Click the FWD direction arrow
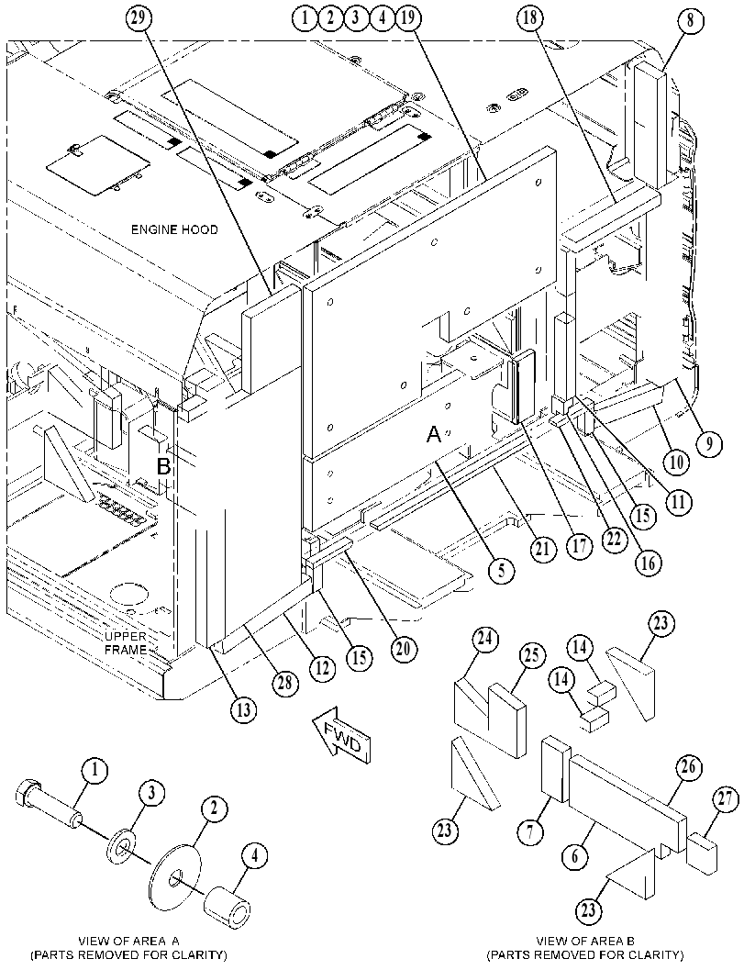click(341, 733)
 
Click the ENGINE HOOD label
click(174, 229)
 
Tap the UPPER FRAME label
click(126, 642)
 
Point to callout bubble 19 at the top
click(407, 18)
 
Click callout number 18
click(530, 18)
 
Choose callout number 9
click(709, 443)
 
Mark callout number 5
click(501, 570)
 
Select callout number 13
click(244, 709)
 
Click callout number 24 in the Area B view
click(485, 640)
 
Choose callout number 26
click(688, 768)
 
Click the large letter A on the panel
click(434, 436)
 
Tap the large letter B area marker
click(163, 466)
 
